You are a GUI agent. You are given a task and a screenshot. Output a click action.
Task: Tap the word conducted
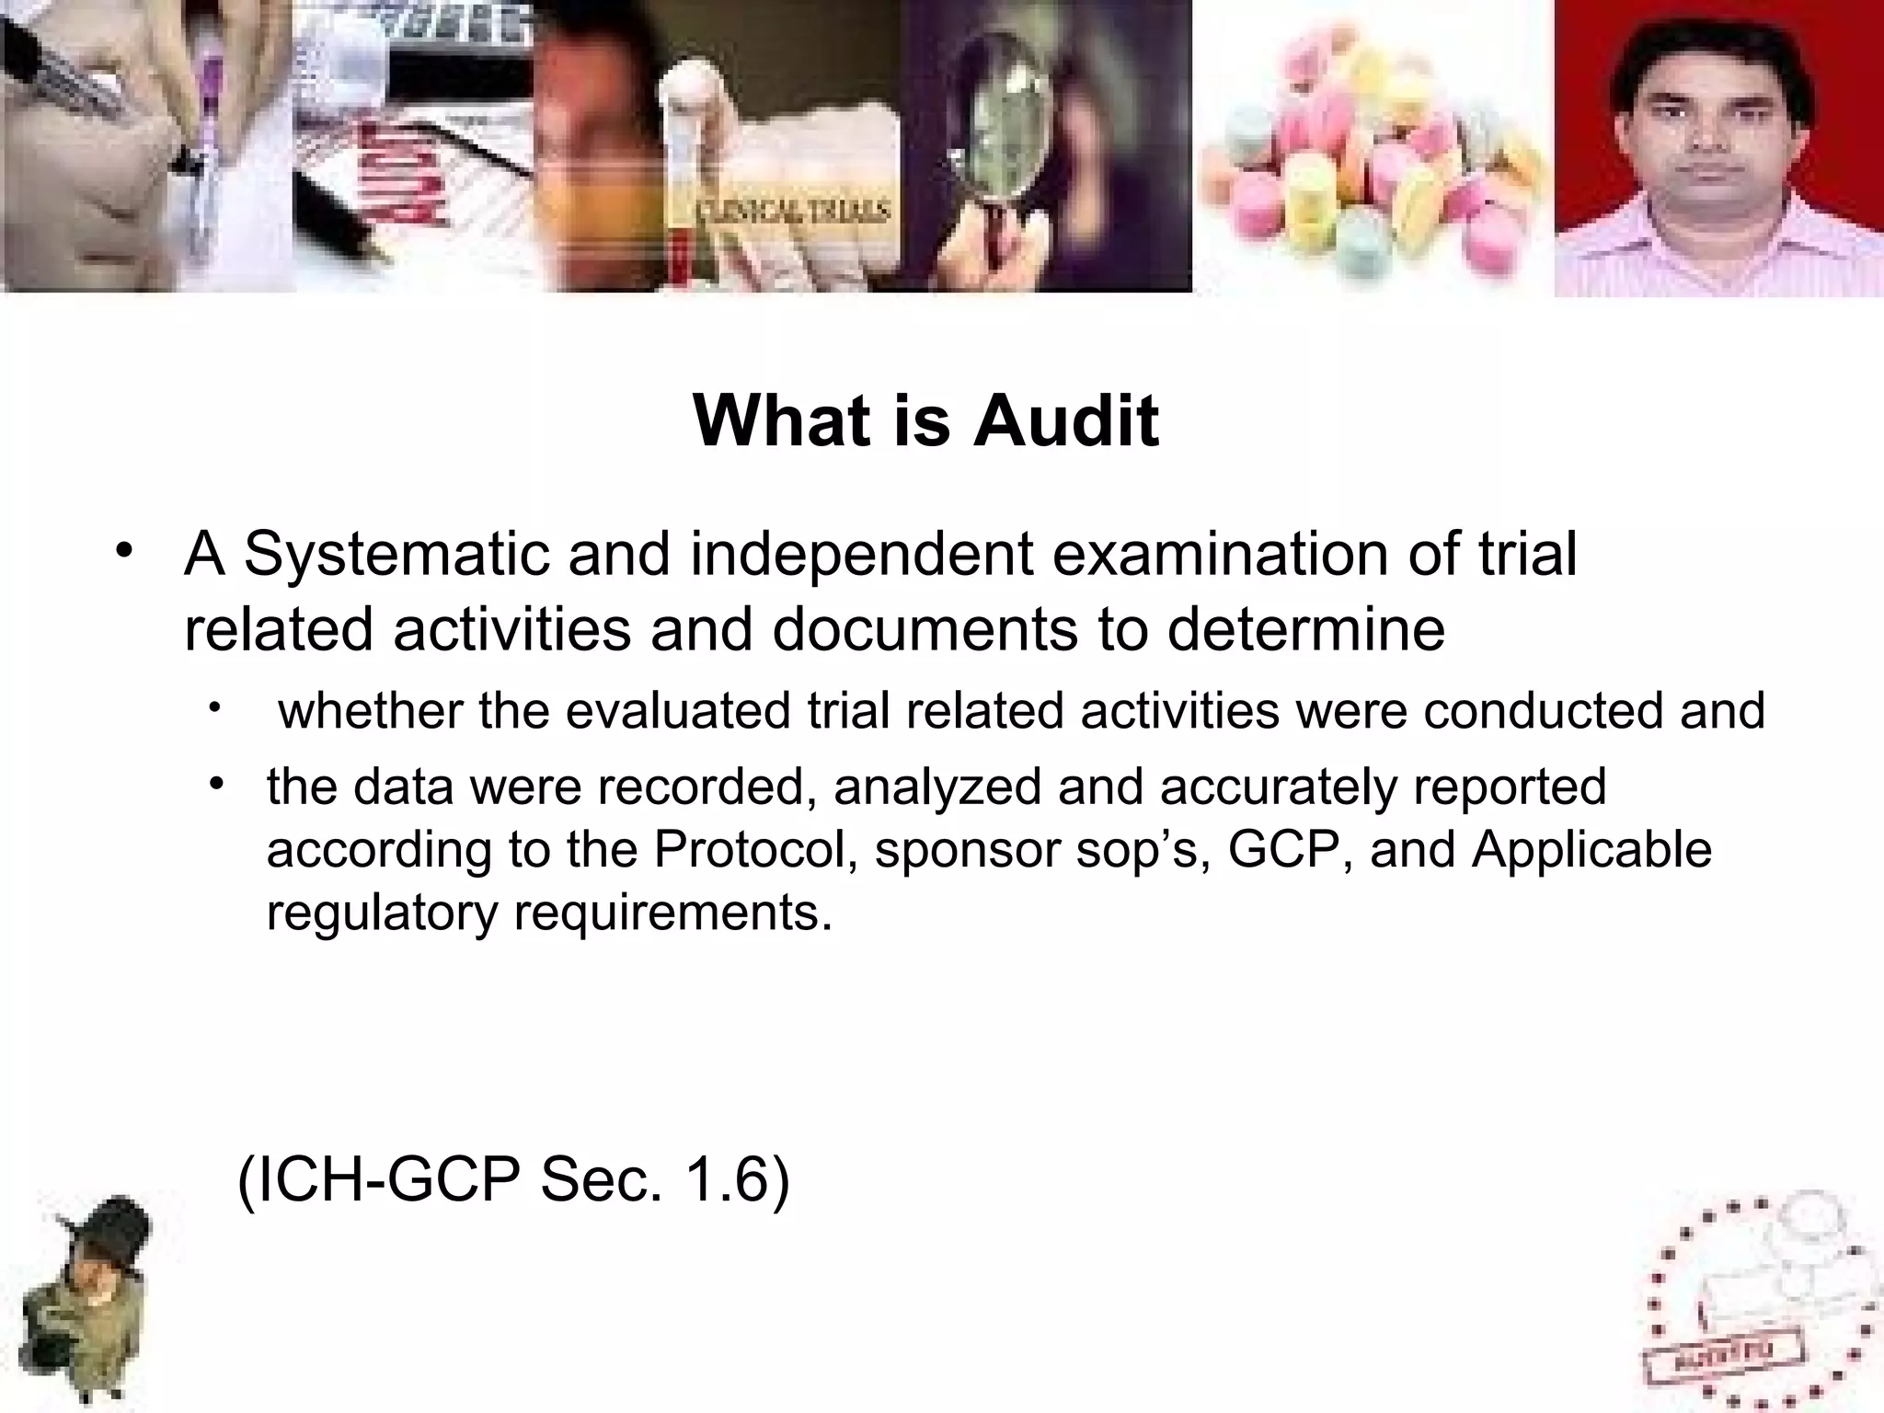click(1542, 711)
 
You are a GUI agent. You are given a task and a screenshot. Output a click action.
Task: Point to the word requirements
click(672, 913)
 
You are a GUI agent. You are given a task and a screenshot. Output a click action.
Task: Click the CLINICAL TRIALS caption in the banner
click(791, 212)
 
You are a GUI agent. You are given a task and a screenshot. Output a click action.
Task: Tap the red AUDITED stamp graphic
click(1743, 1325)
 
